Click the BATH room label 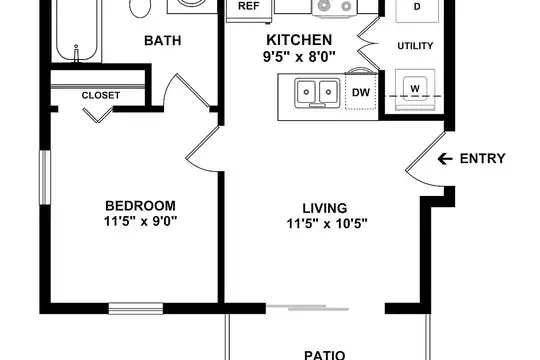click(x=163, y=41)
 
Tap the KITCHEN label click(x=299, y=40)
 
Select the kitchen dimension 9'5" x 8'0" click(x=299, y=56)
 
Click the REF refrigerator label click(x=248, y=6)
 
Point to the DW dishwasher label click(x=361, y=92)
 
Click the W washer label click(x=415, y=88)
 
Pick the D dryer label click(x=417, y=7)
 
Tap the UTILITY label click(x=415, y=46)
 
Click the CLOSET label click(x=101, y=95)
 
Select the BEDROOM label click(x=141, y=206)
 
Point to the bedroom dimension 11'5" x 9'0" click(x=141, y=221)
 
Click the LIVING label click(x=325, y=208)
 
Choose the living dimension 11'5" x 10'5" click(x=327, y=224)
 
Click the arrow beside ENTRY click(x=445, y=159)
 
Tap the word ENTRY click(x=482, y=158)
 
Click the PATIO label click(x=324, y=355)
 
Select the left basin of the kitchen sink click(x=306, y=92)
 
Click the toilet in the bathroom click(x=140, y=7)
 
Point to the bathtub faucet click(x=76, y=53)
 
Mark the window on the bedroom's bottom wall click(x=136, y=308)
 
